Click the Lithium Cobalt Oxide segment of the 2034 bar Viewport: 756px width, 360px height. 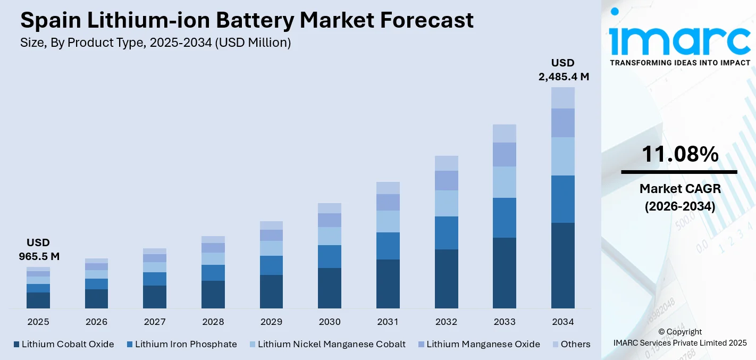coord(562,265)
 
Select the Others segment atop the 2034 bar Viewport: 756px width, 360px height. coord(562,98)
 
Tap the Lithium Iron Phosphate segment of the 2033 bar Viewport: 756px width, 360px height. coord(504,217)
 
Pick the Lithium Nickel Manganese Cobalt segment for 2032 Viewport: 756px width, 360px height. coord(446,203)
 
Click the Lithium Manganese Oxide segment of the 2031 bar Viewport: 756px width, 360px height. coord(388,202)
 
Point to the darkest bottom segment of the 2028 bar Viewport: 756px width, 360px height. coord(213,294)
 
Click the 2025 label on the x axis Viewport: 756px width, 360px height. coord(38,322)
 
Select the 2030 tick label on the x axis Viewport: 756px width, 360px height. coord(329,322)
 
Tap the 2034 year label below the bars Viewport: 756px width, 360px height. coord(562,322)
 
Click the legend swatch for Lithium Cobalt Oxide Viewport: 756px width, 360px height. coord(16,345)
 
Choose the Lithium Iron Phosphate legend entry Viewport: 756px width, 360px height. coord(186,344)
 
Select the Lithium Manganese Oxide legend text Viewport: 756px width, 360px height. coord(483,344)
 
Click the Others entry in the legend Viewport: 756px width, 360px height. coord(575,344)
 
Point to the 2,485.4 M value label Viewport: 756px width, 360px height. coord(564,77)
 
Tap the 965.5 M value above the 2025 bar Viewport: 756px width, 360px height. coord(39,256)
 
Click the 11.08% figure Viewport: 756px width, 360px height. coord(679,154)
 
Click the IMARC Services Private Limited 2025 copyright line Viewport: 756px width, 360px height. coord(679,343)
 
